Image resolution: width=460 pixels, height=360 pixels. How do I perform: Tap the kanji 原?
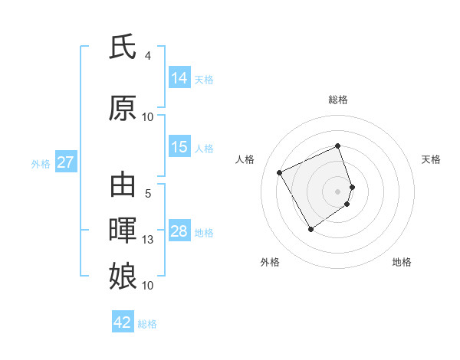coord(123,109)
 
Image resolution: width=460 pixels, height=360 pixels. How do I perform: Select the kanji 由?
coord(123,185)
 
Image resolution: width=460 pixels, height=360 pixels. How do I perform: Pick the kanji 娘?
coord(123,276)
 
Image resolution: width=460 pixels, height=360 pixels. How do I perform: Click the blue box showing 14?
coord(179,78)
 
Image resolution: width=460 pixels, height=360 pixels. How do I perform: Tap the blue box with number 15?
coord(179,148)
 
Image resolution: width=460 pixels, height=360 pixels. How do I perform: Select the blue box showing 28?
coord(179,231)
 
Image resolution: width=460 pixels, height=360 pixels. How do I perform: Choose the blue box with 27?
coord(66,162)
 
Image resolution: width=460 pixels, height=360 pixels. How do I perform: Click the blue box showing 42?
coord(123,322)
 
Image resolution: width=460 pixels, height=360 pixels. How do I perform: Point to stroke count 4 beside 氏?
coord(148,56)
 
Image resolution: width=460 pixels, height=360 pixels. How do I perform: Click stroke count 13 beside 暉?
coord(148,240)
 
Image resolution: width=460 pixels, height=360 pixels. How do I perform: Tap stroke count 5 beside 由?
coord(148,194)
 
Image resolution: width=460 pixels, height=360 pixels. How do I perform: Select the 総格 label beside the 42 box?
coord(147,324)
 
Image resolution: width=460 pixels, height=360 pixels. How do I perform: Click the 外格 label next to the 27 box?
coord(41,163)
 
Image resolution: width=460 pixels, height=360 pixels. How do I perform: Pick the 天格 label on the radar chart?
coord(431,159)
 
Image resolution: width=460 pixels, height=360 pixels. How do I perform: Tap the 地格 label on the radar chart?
coord(402,262)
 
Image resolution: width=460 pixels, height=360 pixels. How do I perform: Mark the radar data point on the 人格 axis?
coord(280,172)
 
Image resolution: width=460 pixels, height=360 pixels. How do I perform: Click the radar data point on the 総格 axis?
coord(337,146)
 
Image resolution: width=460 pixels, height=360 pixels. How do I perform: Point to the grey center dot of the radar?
coord(337,190)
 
